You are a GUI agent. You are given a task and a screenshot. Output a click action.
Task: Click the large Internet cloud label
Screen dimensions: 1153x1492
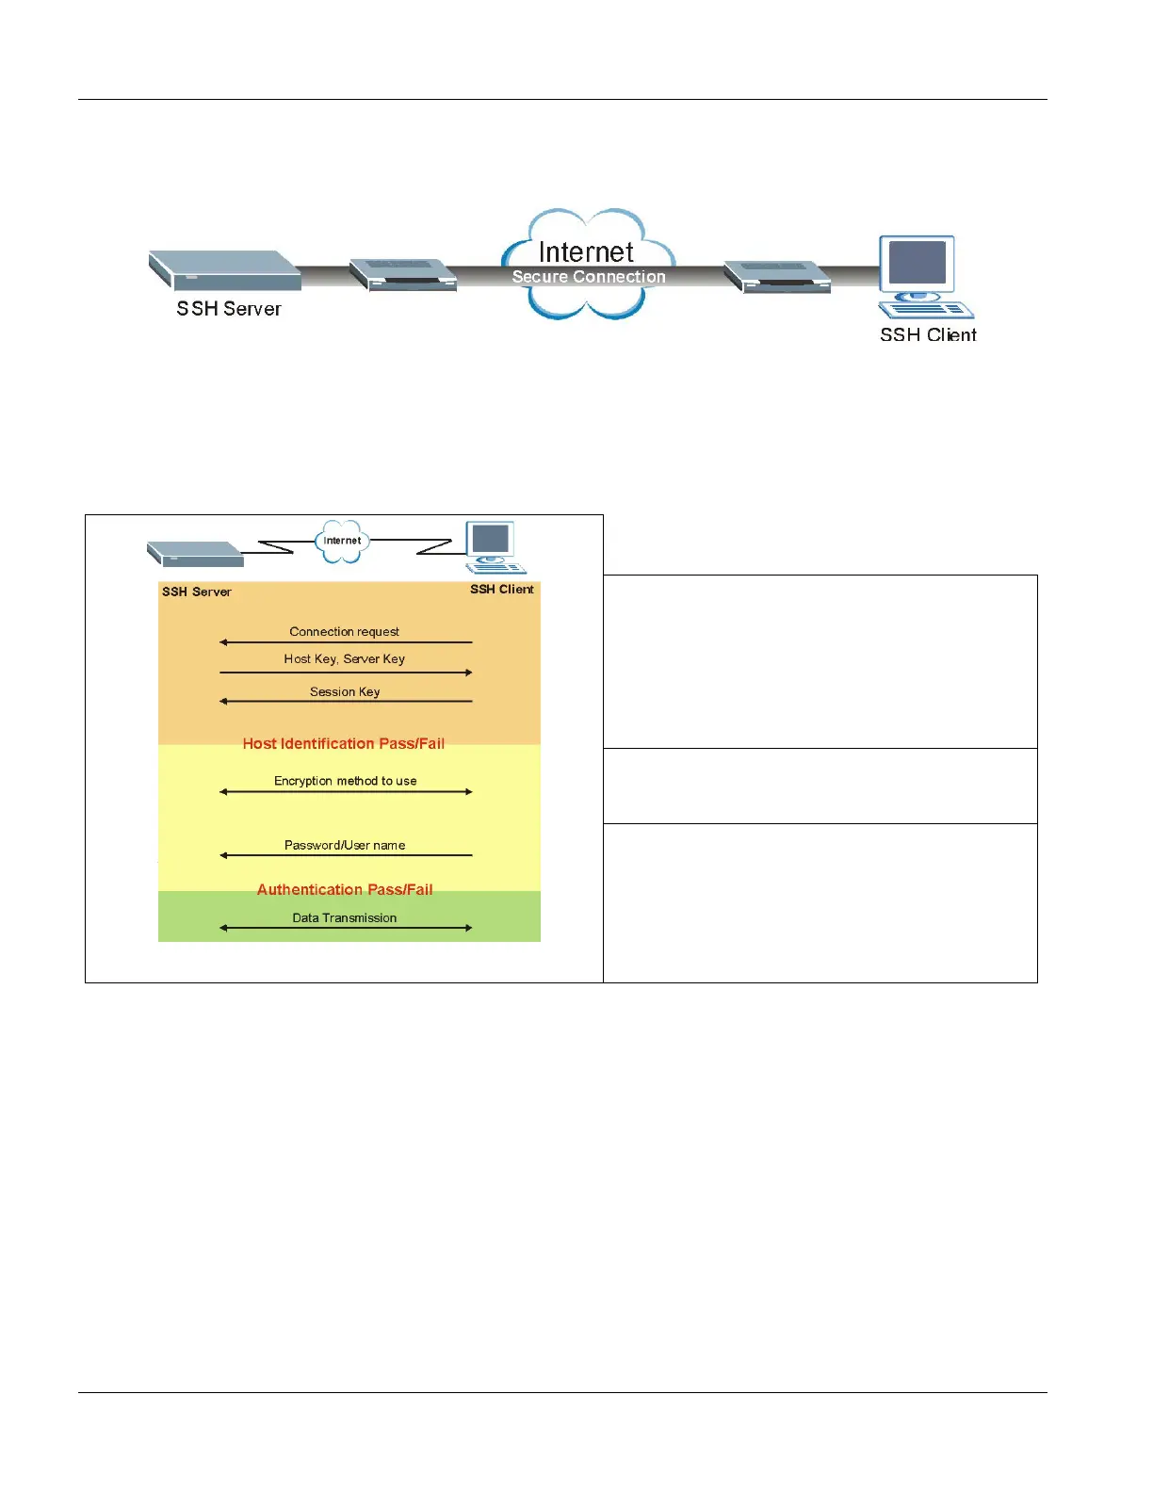coord(586,252)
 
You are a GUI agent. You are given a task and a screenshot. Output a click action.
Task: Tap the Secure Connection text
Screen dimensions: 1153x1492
coord(589,277)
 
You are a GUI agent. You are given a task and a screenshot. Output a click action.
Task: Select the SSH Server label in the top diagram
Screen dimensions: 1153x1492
coord(229,309)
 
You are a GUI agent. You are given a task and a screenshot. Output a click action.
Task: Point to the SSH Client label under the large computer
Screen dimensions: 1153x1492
coord(928,335)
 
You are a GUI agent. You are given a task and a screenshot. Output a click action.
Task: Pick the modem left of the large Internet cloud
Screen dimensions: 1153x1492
coord(403,275)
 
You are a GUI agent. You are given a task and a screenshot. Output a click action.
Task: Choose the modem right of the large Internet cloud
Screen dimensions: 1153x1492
coord(777,277)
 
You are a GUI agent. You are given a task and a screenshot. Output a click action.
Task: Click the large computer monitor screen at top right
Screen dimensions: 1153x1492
coord(917,263)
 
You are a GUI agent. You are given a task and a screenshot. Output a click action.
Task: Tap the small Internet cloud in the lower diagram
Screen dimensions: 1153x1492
coord(341,542)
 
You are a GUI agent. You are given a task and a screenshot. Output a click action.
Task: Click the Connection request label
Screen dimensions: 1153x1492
coord(344,632)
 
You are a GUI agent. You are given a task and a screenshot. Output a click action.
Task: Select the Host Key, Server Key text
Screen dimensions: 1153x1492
coord(344,659)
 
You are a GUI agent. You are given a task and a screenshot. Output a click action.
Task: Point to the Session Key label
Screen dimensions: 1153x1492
coord(345,692)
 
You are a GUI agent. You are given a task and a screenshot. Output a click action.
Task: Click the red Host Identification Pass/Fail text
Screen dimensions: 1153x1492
coord(344,744)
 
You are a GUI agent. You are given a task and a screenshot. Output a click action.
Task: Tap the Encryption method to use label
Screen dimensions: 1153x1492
coord(345,781)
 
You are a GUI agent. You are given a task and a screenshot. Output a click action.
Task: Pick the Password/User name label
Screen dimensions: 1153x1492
coord(345,846)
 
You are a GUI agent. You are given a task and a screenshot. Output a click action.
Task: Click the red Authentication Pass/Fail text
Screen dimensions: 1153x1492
coord(345,890)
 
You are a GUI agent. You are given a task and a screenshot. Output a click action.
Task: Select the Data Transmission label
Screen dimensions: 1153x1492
coord(344,918)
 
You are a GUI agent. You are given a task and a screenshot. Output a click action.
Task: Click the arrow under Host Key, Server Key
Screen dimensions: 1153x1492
coord(346,673)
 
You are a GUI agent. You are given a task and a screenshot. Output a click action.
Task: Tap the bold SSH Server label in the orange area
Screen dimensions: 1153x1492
coord(196,592)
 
